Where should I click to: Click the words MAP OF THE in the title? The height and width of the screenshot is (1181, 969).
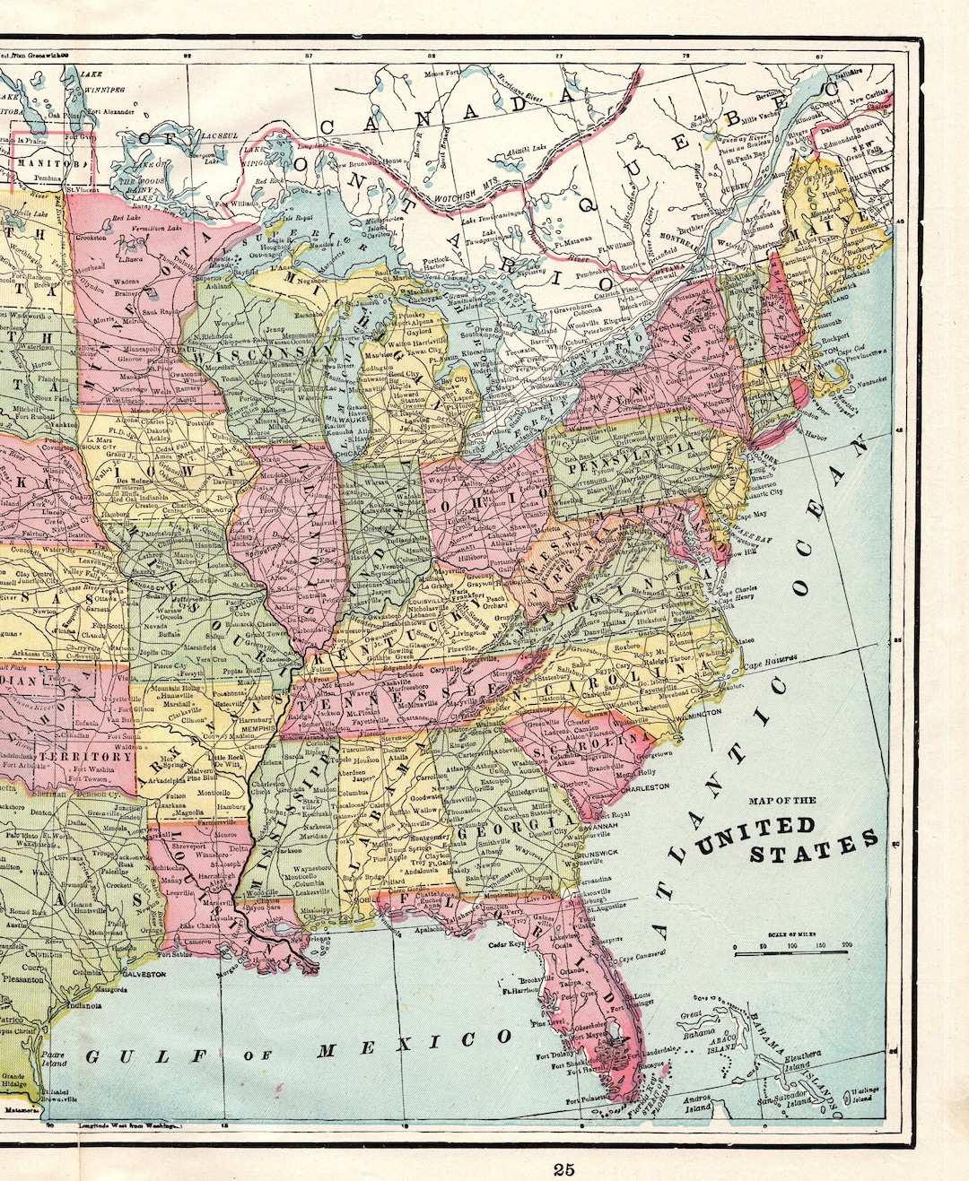click(782, 801)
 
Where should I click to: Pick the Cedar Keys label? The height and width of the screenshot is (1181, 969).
click(507, 944)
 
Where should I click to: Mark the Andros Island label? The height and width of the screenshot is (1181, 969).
click(697, 1101)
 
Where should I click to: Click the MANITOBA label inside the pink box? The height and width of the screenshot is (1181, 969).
click(52, 164)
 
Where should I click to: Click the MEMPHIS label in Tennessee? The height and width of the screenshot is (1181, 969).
click(258, 729)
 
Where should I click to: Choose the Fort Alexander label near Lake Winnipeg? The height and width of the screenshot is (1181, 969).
click(111, 113)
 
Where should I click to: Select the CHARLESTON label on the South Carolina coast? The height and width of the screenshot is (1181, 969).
click(645, 786)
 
